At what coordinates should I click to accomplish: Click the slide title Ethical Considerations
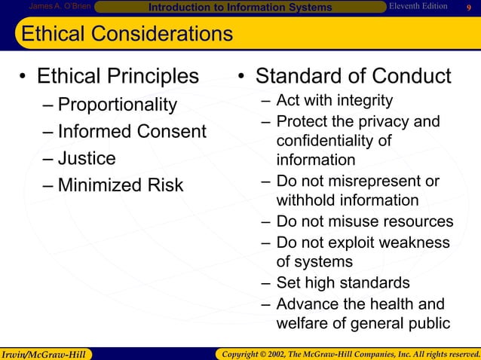127,34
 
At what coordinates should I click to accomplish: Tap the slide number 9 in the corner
468,8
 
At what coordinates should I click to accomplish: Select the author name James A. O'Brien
60,7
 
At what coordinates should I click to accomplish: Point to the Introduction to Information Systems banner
240,8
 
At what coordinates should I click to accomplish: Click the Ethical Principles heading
118,77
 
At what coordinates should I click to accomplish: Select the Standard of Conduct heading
353,77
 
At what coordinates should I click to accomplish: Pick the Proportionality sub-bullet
117,104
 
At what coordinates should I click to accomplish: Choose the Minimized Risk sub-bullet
121,185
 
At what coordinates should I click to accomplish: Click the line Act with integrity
334,101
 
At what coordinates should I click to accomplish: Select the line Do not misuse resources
365,221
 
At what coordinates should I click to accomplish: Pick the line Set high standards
343,283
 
